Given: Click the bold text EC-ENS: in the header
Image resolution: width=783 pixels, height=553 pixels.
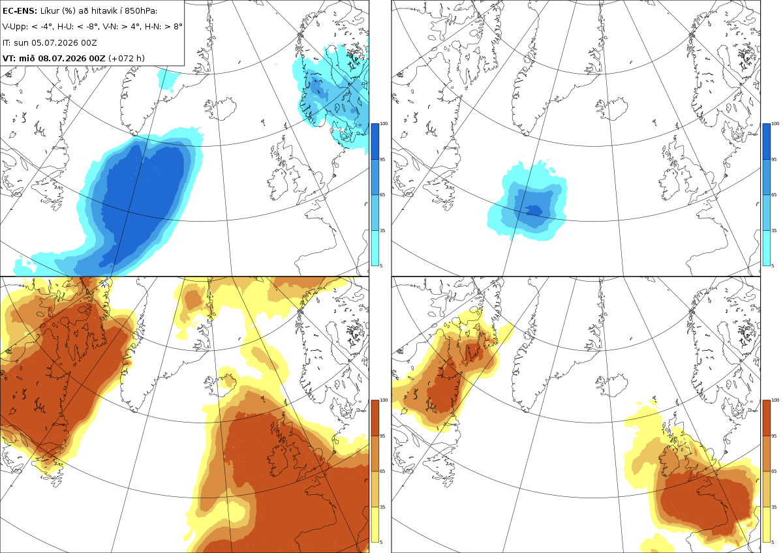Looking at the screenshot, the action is (20, 11).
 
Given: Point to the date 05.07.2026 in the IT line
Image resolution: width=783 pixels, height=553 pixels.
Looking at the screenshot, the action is (55, 42).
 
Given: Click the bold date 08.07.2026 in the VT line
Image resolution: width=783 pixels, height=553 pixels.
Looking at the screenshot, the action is (62, 58).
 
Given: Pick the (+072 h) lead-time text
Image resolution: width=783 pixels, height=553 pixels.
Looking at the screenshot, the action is (127, 58).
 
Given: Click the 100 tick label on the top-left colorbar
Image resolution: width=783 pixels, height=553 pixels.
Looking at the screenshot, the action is (384, 124).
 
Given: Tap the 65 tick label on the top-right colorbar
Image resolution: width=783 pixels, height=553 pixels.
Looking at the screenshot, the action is (774, 194).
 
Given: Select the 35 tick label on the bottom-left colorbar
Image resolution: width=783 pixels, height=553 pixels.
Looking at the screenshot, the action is (382, 507).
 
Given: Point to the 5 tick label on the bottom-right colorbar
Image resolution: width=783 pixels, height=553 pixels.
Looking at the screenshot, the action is (773, 542).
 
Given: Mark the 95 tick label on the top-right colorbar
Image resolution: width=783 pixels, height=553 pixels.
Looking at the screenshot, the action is (774, 159).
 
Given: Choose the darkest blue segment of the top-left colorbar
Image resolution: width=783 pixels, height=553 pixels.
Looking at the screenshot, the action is (375, 142).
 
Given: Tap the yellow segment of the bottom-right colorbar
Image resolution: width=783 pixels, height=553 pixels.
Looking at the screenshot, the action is (766, 524).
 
